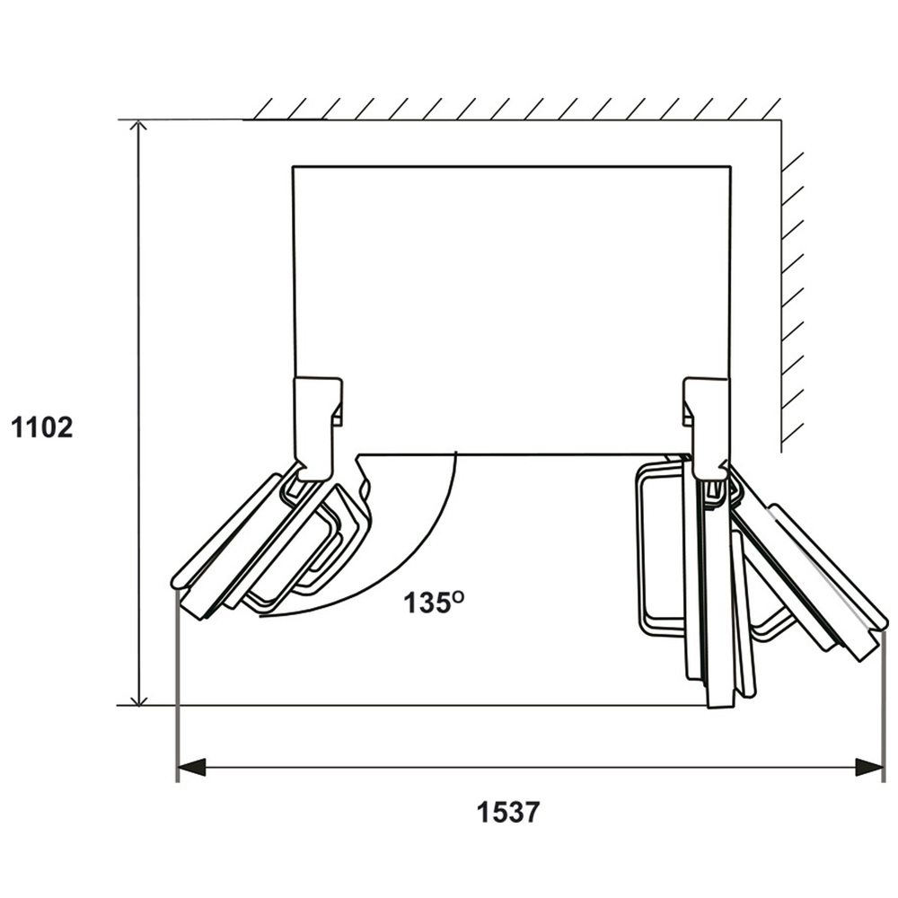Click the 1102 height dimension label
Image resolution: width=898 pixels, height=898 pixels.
pos(41,427)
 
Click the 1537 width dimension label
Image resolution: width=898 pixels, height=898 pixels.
pos(508,813)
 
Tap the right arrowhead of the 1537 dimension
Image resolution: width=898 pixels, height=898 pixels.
pos(870,767)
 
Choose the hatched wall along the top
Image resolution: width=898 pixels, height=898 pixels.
pos(512,109)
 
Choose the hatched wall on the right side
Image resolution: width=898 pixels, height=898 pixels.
pos(792,296)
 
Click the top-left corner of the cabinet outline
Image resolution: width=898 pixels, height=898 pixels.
pos(295,167)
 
